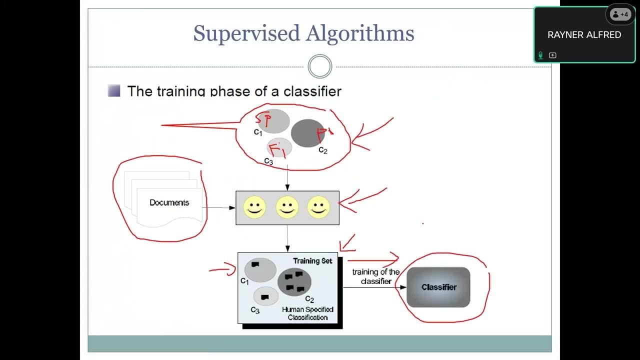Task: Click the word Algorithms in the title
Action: pyautogui.click(x=360, y=33)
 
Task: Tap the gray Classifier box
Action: pyautogui.click(x=438, y=287)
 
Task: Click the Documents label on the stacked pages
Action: pyautogui.click(x=169, y=202)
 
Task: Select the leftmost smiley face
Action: pyautogui.click(x=254, y=207)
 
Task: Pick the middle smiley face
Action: pyautogui.click(x=287, y=207)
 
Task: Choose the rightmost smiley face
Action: pyautogui.click(x=318, y=207)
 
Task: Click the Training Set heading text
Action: pyautogui.click(x=312, y=261)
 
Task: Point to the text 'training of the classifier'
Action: pyautogui.click(x=376, y=276)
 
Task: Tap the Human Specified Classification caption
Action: pyautogui.click(x=307, y=313)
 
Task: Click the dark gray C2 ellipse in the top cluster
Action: pyautogui.click(x=307, y=133)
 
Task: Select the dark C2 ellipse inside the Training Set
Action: pyautogui.click(x=294, y=282)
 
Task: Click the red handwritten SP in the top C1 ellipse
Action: pyautogui.click(x=264, y=119)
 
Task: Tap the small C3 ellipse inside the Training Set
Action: pyautogui.click(x=265, y=296)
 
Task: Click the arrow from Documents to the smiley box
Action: pyautogui.click(x=220, y=207)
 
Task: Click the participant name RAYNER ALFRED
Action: pyautogui.click(x=584, y=35)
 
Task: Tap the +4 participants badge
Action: pyautogui.click(x=620, y=14)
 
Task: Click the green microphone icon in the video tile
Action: pyautogui.click(x=540, y=55)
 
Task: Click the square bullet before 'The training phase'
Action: pyautogui.click(x=114, y=91)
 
